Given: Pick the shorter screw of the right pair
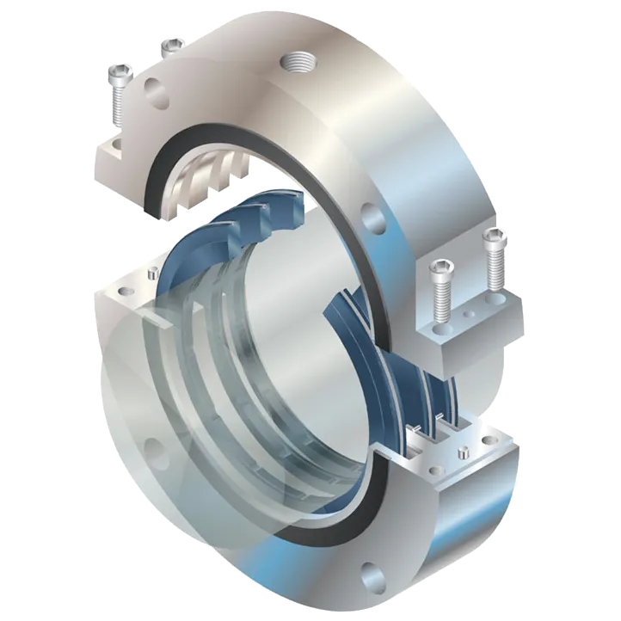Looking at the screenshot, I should point(440,275).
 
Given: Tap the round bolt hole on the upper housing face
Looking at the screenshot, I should point(372,212).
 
